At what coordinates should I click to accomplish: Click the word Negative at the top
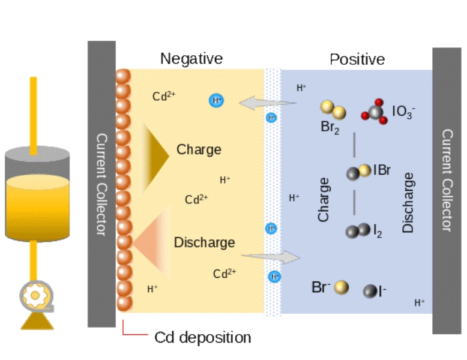pyautogui.click(x=191, y=58)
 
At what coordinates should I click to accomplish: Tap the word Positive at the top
pyautogui.click(x=357, y=59)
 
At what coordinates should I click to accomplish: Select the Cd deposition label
pyautogui.click(x=203, y=337)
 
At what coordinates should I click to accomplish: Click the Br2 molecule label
pyautogui.click(x=330, y=127)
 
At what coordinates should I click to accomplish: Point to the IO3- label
pyautogui.click(x=403, y=112)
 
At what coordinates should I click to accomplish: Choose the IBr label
pyautogui.click(x=382, y=170)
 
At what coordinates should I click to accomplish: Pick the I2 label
pyautogui.click(x=377, y=231)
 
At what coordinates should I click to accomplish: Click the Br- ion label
pyautogui.click(x=321, y=287)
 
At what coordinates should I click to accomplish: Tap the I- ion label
pyautogui.click(x=382, y=292)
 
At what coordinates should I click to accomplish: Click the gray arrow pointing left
pyautogui.click(x=267, y=104)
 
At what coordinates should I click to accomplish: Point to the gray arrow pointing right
pyautogui.click(x=270, y=257)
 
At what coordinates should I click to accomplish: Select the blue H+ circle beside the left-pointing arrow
pyautogui.click(x=215, y=100)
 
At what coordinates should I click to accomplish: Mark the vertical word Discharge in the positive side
pyautogui.click(x=409, y=203)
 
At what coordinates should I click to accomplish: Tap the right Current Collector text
pyautogui.click(x=447, y=180)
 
